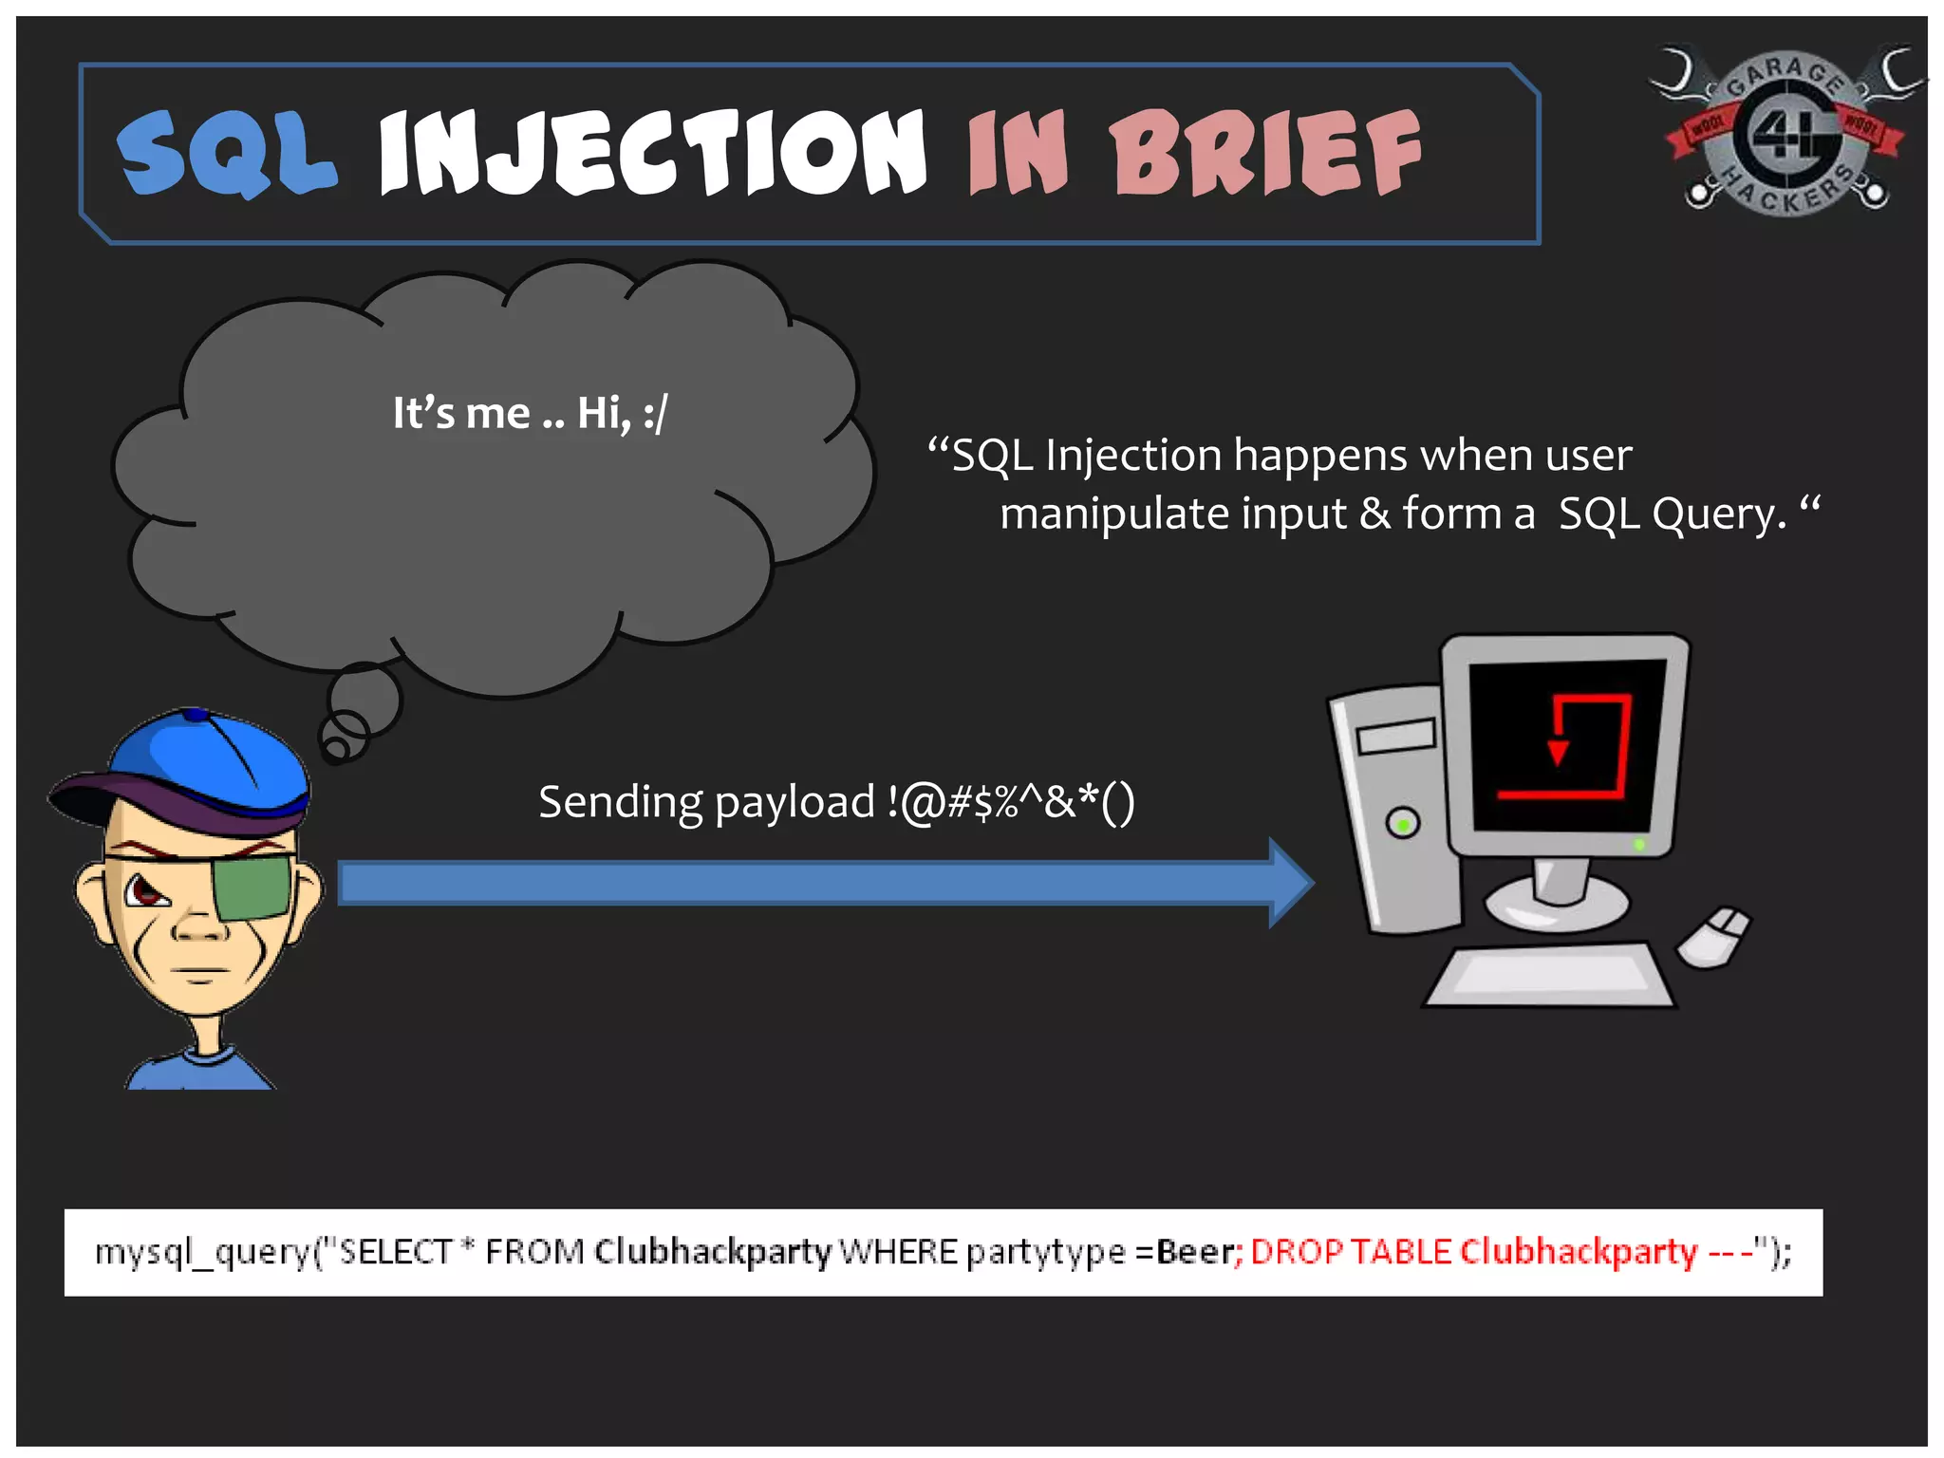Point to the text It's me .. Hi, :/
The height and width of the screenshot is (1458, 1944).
pos(530,414)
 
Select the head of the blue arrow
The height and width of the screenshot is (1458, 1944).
pos(1291,883)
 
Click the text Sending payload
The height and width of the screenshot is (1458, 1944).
pos(707,803)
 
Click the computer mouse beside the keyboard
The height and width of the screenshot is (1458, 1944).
pos(1714,936)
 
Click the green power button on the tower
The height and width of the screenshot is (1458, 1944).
pos(1403,823)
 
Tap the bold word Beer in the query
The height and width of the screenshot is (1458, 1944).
pos(1193,1253)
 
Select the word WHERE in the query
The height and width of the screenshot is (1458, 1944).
pos(898,1253)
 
